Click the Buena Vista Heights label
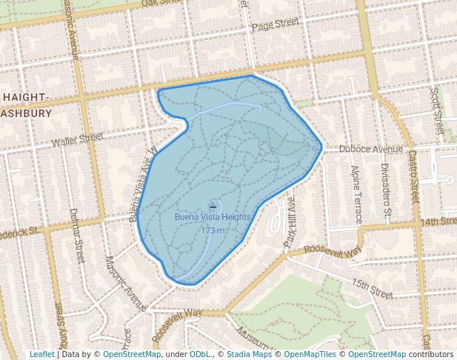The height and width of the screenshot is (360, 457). coord(213,217)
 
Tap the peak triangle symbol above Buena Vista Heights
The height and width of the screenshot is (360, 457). coord(213,205)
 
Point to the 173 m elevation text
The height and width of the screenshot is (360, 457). coord(213,230)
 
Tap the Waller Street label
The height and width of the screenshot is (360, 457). coord(77,139)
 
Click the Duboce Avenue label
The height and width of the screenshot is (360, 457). coord(370,148)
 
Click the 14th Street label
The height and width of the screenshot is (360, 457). coord(438,221)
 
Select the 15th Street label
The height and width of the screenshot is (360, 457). coord(371,289)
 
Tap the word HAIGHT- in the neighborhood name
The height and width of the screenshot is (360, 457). coord(26,98)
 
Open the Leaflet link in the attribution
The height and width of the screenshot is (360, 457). coord(41,355)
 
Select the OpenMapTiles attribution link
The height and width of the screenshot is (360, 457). coord(313,355)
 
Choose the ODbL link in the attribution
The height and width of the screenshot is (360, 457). coord(199,355)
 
